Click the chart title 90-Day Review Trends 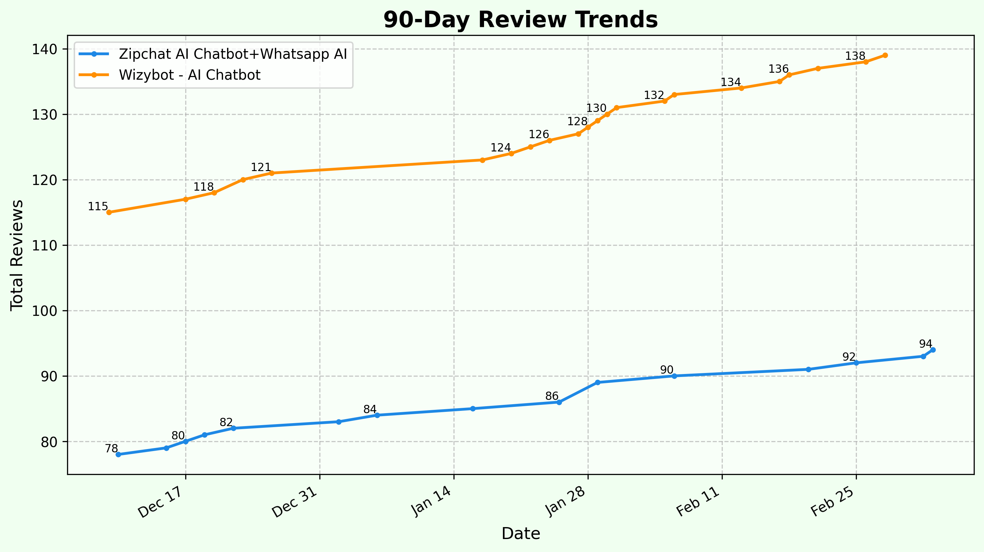[520, 20]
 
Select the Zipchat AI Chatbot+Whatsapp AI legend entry [233, 54]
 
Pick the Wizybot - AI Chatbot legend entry [190, 75]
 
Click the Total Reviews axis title [17, 255]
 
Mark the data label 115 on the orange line [98, 207]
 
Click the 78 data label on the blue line [111, 449]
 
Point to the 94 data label [925, 344]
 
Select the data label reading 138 [855, 56]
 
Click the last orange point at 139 [885, 55]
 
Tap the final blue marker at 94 [933, 350]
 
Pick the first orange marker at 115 [109, 213]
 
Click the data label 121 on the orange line [261, 167]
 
